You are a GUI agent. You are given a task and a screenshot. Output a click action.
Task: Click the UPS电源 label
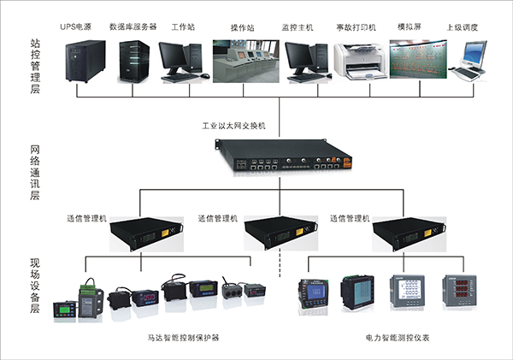pyautogui.click(x=81, y=27)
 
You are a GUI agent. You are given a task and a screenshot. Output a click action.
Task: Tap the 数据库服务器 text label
pyautogui.click(x=133, y=27)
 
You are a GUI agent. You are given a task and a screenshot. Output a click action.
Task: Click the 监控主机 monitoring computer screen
pyautogui.click(x=305, y=56)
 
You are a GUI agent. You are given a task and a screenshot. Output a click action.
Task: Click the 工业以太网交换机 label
pyautogui.click(x=234, y=126)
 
